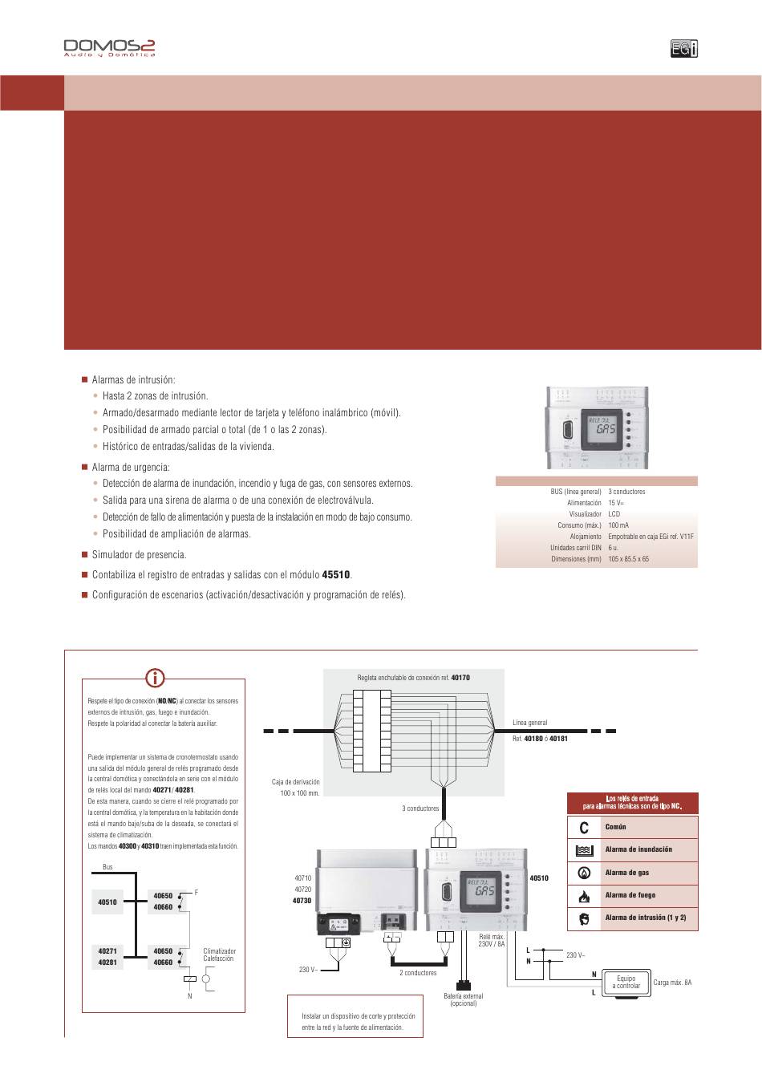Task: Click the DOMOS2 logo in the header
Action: click(x=109, y=48)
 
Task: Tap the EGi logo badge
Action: click(x=684, y=49)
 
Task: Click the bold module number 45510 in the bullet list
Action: click(x=336, y=575)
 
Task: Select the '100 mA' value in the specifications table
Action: click(x=618, y=525)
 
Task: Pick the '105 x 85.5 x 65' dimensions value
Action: click(x=629, y=559)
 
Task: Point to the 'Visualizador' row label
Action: click(x=585, y=514)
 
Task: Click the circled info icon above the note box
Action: click(x=156, y=678)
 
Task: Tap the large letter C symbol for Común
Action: click(x=584, y=827)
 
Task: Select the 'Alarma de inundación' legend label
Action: click(x=638, y=849)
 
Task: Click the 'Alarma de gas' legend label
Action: click(x=627, y=873)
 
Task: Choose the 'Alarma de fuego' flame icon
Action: click(x=584, y=895)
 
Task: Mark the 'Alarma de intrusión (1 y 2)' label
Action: click(x=646, y=918)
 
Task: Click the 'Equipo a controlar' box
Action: click(x=626, y=983)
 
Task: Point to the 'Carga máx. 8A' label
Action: click(x=672, y=983)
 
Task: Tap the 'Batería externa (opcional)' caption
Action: click(x=464, y=1000)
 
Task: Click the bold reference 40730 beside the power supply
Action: click(x=302, y=901)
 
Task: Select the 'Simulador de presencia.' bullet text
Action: click(x=139, y=555)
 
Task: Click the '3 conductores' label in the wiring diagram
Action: click(x=420, y=808)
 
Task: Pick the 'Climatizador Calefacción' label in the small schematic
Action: click(x=219, y=954)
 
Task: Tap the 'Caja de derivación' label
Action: click(x=296, y=782)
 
